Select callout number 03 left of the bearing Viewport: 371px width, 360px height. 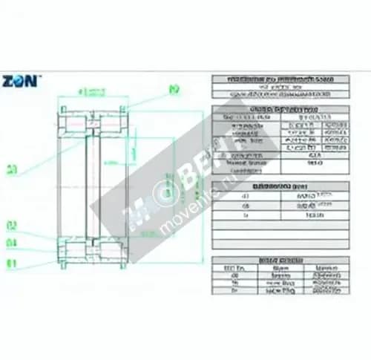[13, 170]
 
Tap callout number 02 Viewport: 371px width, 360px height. [13, 224]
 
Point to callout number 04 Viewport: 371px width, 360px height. [13, 243]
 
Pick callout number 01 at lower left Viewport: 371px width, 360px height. [13, 262]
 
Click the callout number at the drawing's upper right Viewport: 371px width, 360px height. [175, 90]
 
